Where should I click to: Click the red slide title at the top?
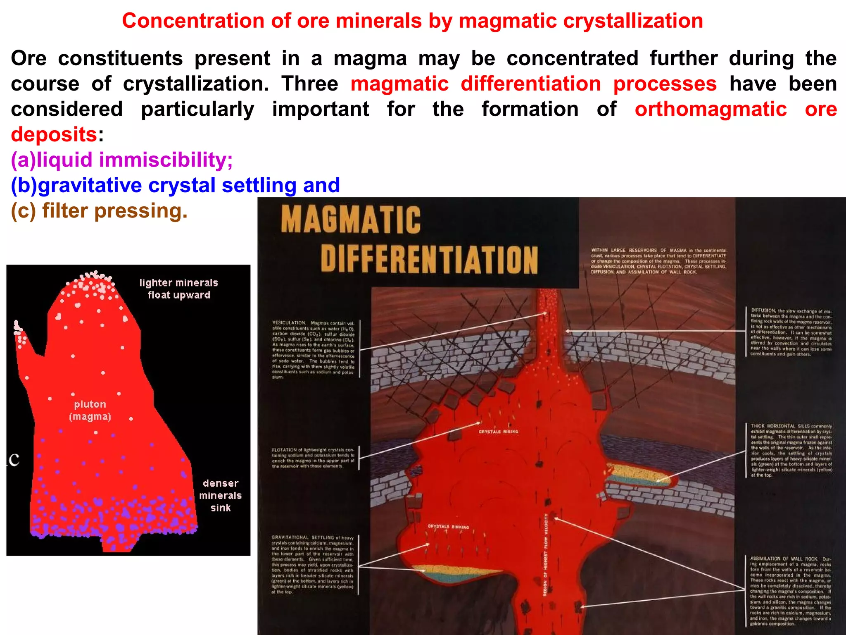[412, 21]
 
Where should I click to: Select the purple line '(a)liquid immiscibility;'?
[122, 160]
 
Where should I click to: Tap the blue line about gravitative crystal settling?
[175, 185]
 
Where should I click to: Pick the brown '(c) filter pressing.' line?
[99, 211]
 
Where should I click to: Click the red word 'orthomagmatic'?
[711, 109]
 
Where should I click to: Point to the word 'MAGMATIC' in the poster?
[351, 220]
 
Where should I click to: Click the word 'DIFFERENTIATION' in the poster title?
[429, 259]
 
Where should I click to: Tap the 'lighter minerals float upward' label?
[178, 289]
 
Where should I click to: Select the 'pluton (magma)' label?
[90, 410]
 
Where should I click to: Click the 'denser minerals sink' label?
[220, 495]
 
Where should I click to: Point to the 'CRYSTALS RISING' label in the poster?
[498, 432]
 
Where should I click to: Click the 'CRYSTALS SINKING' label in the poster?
[448, 527]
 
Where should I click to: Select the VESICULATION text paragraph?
[314, 349]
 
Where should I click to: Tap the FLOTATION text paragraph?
[313, 458]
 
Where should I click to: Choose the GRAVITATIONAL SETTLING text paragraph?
[313, 565]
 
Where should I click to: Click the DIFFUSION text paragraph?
[791, 332]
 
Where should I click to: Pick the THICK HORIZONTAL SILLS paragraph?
[791, 450]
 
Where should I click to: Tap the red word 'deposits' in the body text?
[54, 134]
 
